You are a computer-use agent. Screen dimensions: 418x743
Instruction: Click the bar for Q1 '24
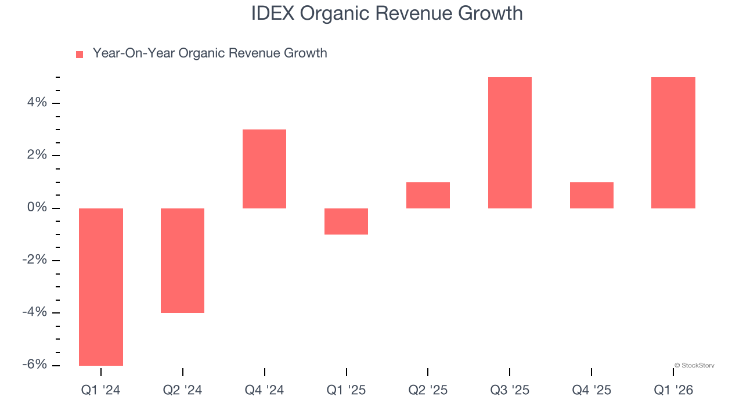tap(101, 287)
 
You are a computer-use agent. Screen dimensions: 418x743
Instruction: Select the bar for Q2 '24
tap(182, 261)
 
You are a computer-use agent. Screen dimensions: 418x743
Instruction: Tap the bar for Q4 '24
tap(264, 169)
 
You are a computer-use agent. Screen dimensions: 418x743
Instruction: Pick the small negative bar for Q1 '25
tap(346, 221)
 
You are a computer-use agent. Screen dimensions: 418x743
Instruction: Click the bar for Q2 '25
tap(428, 195)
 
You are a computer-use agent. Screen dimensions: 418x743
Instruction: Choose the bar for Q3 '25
tap(510, 143)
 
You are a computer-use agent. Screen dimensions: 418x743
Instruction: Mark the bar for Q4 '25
tap(591, 195)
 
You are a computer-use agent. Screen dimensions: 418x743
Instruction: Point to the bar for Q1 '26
tap(673, 143)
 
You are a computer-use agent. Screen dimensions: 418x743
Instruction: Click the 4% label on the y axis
tap(37, 103)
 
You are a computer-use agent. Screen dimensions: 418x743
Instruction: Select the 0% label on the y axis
tap(37, 208)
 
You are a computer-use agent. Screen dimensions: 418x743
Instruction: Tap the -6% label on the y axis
tap(34, 365)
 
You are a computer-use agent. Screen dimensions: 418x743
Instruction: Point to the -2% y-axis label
tap(34, 260)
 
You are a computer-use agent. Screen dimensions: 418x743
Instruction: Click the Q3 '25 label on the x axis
tap(510, 390)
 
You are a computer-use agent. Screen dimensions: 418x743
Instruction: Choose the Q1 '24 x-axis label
tap(101, 390)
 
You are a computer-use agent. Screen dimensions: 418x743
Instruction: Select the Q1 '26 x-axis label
tap(673, 390)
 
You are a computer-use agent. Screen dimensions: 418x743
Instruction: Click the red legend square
tap(80, 54)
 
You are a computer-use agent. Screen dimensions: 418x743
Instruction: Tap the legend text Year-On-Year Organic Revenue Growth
tap(210, 53)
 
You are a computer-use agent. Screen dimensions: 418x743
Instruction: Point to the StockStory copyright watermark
tap(694, 366)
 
